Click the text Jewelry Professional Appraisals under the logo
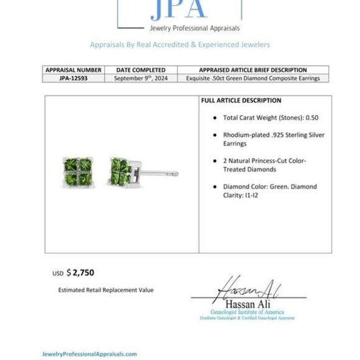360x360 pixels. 179,29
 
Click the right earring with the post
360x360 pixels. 124,171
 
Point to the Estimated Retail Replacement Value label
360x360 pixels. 106,290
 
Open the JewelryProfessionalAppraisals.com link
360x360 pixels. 89,353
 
